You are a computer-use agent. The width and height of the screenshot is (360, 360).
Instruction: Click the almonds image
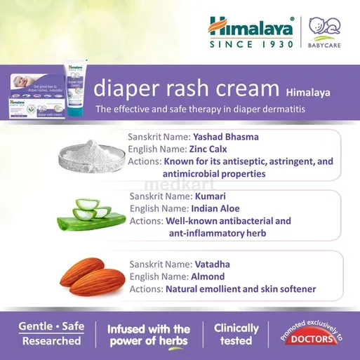pyautogui.click(x=91, y=275)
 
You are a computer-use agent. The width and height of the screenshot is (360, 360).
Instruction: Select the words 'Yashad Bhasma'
pyautogui.click(x=230, y=137)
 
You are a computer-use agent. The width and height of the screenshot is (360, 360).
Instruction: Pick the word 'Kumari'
pyautogui.click(x=210, y=196)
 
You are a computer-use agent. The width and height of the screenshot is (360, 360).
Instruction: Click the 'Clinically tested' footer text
pyautogui.click(x=236, y=335)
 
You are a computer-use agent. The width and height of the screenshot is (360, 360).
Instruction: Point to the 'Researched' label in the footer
pyautogui.click(x=51, y=341)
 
